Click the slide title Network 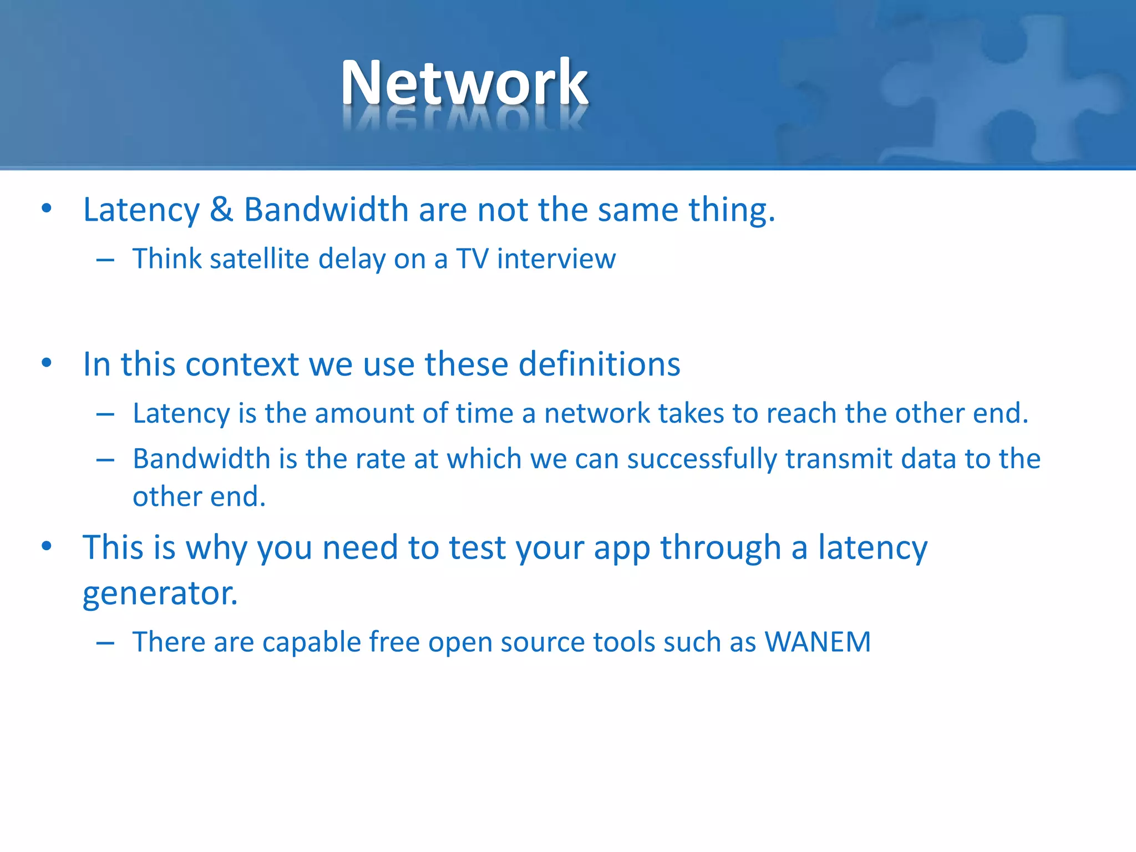coord(464,83)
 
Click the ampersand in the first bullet coord(221,210)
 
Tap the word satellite coord(259,259)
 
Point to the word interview coord(556,259)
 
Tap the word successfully coord(702,459)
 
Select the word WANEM coord(818,642)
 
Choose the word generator coord(160,594)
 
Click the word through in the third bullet coord(720,548)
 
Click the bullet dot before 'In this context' coord(47,363)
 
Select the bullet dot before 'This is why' coord(47,546)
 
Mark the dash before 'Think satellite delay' coord(105,260)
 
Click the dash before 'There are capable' coord(105,643)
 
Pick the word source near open coord(542,642)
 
